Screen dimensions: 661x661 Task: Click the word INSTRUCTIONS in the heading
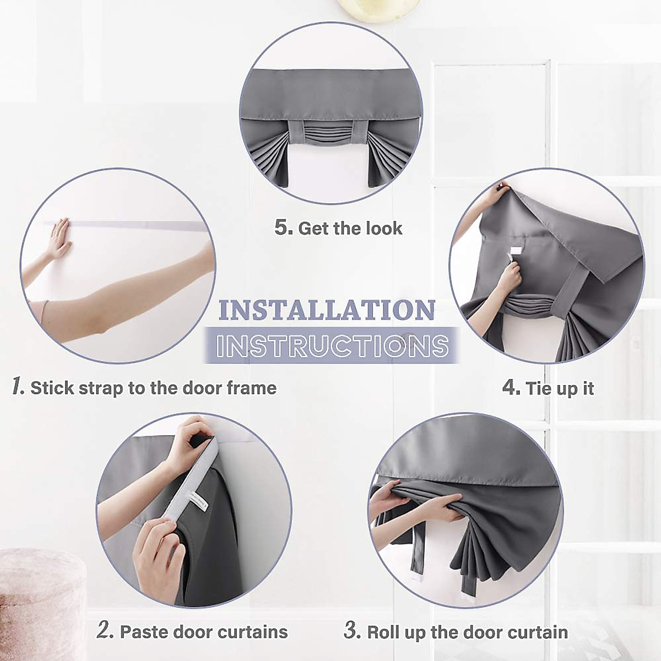point(332,346)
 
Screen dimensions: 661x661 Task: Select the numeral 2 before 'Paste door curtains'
point(105,631)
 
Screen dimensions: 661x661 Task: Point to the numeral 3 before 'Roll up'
point(352,631)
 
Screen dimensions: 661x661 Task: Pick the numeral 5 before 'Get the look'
point(283,227)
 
